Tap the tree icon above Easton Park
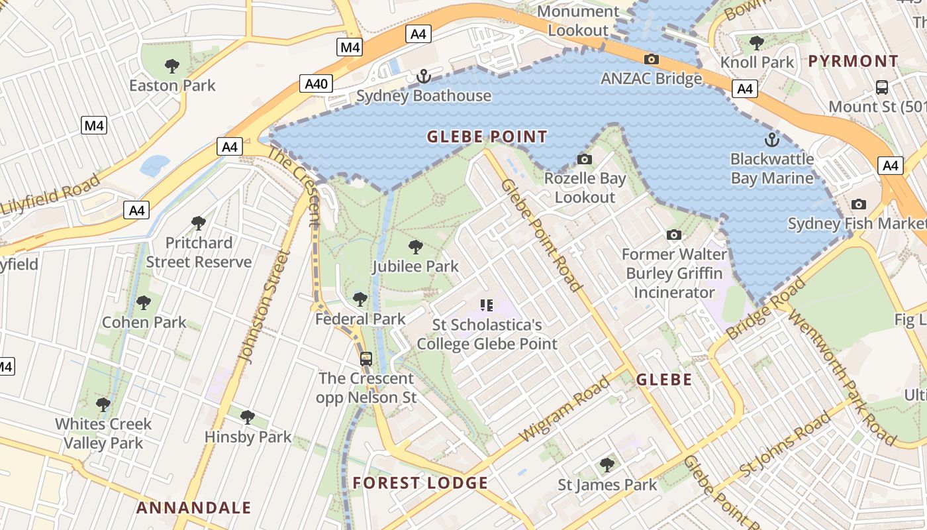click(172, 66)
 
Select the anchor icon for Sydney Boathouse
click(423, 77)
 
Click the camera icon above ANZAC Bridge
click(652, 60)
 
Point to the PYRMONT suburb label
click(854, 62)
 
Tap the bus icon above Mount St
click(882, 87)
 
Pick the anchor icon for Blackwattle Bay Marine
click(771, 140)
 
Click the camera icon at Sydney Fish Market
click(859, 204)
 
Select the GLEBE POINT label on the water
click(487, 137)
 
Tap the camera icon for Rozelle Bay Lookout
click(584, 159)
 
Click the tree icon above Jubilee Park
click(415, 247)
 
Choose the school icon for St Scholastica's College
click(487, 305)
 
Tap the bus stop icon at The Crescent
click(366, 359)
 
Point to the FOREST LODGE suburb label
click(420, 483)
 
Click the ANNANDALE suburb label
click(193, 508)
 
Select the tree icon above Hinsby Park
click(248, 417)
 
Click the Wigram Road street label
click(564, 409)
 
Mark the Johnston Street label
click(265, 307)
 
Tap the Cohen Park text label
click(144, 323)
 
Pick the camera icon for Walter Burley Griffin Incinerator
click(674, 235)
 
